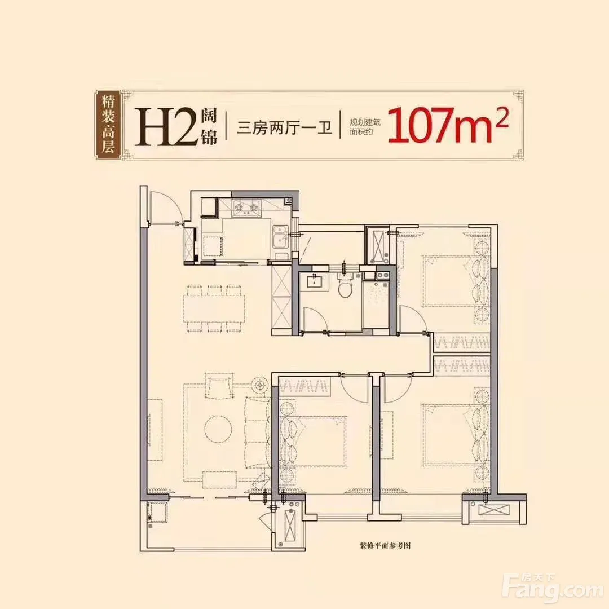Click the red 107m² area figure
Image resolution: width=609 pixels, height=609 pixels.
(x=446, y=125)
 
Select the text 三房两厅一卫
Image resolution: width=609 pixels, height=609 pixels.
(x=285, y=127)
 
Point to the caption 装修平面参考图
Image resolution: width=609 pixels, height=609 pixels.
(x=385, y=546)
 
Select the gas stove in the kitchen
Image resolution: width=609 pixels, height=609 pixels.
(x=245, y=208)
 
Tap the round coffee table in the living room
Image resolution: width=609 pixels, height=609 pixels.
(x=218, y=429)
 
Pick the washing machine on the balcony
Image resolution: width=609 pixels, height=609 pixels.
(x=157, y=513)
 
